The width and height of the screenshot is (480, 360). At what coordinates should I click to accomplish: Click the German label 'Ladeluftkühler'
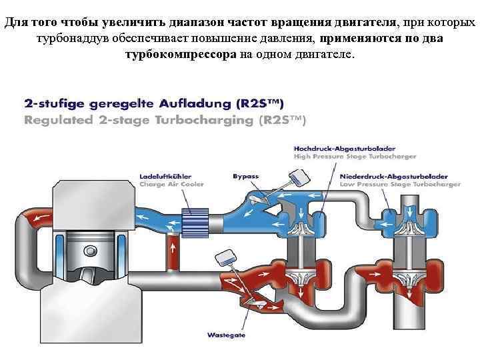click(x=161, y=176)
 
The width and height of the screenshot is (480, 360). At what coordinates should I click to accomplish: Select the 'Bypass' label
click(x=245, y=176)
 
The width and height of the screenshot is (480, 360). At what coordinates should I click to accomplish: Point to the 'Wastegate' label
click(x=227, y=335)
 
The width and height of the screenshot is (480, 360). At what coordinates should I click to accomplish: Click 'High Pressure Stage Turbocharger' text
click(x=355, y=156)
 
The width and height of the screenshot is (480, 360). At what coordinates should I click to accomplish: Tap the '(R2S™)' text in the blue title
click(x=260, y=104)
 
